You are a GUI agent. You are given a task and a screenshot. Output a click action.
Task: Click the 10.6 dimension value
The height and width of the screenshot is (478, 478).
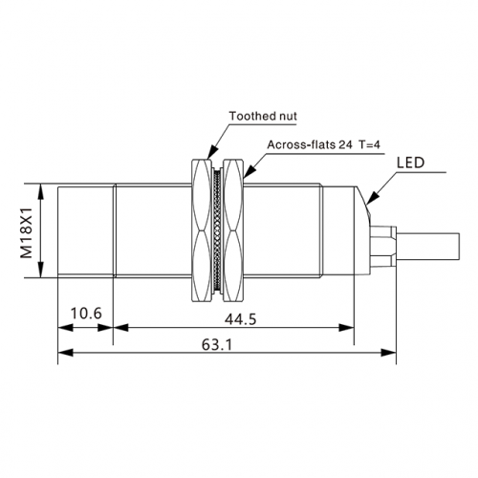pyautogui.click(x=86, y=314)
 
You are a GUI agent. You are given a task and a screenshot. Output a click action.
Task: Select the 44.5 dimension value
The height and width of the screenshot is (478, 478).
pyautogui.click(x=240, y=319)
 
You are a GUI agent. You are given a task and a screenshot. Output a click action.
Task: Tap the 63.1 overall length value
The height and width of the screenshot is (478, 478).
pyautogui.click(x=217, y=344)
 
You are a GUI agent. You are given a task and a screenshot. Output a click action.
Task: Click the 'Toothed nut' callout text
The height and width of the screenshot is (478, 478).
pyautogui.click(x=263, y=116)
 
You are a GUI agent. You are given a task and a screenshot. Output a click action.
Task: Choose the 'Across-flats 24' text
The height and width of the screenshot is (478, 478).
pyautogui.click(x=310, y=144)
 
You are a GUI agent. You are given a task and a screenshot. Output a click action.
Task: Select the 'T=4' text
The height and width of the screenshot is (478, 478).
pyautogui.click(x=370, y=144)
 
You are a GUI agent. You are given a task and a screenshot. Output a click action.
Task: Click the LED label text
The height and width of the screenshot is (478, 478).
pyautogui.click(x=410, y=163)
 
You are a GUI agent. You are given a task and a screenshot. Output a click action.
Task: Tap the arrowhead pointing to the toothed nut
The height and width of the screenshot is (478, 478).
pyautogui.click(x=213, y=152)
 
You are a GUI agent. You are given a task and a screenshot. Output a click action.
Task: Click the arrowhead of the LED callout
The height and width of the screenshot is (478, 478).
pyautogui.click(x=373, y=197)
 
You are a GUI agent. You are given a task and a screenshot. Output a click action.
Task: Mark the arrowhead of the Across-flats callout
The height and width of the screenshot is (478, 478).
pyautogui.click(x=250, y=171)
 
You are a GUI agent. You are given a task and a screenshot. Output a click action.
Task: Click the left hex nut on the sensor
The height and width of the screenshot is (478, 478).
pyautogui.click(x=202, y=230)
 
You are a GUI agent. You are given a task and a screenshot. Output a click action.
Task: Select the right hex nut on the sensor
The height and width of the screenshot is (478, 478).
pyautogui.click(x=233, y=230)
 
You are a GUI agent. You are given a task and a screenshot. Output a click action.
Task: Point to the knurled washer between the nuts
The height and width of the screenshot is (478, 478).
pyautogui.click(x=217, y=230)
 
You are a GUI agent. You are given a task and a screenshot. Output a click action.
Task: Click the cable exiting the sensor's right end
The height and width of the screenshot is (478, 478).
pyautogui.click(x=427, y=246)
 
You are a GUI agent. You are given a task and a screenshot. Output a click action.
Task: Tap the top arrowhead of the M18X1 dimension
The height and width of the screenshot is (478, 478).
pyautogui.click(x=40, y=191)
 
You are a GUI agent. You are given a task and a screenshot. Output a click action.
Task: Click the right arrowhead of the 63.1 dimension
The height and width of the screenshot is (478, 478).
pyautogui.click(x=388, y=353)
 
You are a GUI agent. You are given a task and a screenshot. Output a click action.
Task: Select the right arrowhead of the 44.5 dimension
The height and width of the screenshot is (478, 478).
pyautogui.click(x=346, y=327)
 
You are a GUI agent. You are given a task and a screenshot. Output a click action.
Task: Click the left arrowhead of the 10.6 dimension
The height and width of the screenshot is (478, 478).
pyautogui.click(x=65, y=327)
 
